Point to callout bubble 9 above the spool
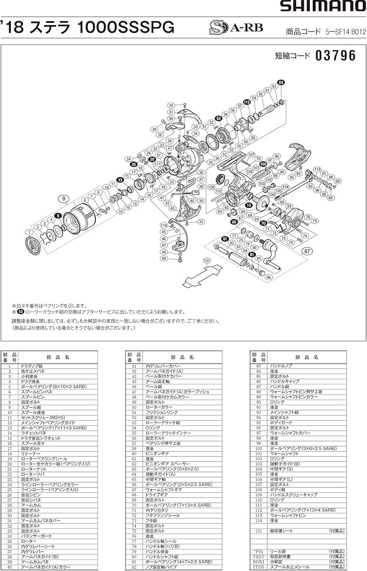[x=65, y=199]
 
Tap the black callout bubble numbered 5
[x=58, y=215]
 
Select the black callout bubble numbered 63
[x=281, y=83]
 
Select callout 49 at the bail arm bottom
[x=163, y=258]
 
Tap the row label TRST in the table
[x=259, y=556]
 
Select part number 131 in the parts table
[x=258, y=530]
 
